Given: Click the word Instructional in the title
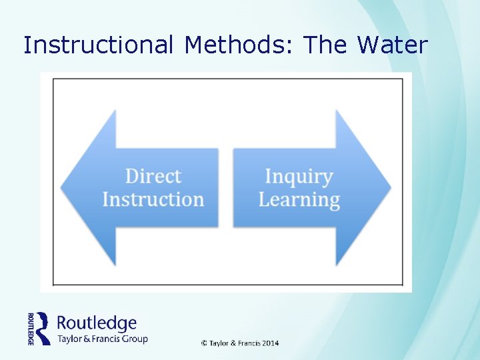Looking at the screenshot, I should tap(97, 45).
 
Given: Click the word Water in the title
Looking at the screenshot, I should tap(392, 45).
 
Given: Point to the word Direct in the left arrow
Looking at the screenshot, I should tap(153, 176).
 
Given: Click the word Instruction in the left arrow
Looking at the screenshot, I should tap(153, 199).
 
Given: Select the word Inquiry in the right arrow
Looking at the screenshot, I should tap(299, 176).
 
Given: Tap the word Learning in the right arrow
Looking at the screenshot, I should tap(299, 199).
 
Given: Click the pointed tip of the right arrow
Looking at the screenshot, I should tap(390, 187).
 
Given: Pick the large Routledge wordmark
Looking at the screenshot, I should tap(97, 323).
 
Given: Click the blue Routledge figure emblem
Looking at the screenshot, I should tap(43, 328).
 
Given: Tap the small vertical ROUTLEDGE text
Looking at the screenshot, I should tap(31, 328).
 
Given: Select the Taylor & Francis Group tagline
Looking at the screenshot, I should tap(102, 339).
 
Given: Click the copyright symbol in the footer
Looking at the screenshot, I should tap(204, 343).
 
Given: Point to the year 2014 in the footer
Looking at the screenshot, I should tap(270, 343).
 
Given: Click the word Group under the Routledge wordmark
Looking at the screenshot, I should tap(134, 339).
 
